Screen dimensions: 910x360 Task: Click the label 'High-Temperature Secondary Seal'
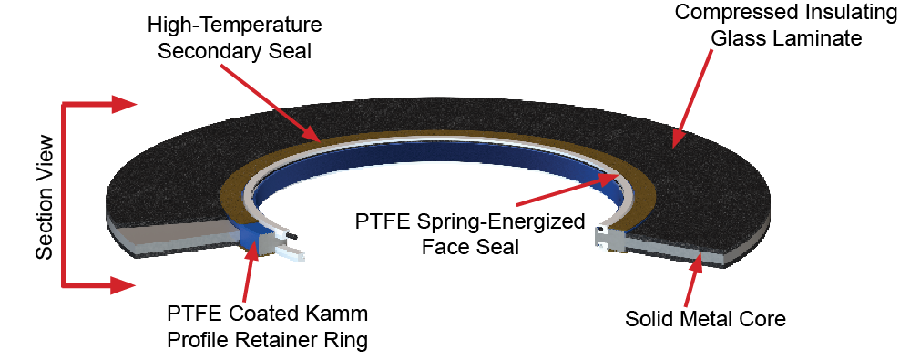point(235,37)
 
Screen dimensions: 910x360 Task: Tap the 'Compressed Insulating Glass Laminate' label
point(786,26)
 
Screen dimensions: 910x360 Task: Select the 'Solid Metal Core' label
point(705,318)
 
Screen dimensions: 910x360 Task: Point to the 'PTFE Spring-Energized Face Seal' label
point(469,234)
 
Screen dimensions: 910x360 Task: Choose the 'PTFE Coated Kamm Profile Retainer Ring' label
point(268,327)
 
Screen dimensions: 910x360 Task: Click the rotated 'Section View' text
point(46,198)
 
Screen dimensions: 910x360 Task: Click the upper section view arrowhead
point(124,105)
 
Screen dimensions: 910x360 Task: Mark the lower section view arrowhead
point(124,285)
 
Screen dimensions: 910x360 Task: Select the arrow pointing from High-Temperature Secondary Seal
point(270,102)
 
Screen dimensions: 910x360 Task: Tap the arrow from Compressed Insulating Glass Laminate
point(691,98)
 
